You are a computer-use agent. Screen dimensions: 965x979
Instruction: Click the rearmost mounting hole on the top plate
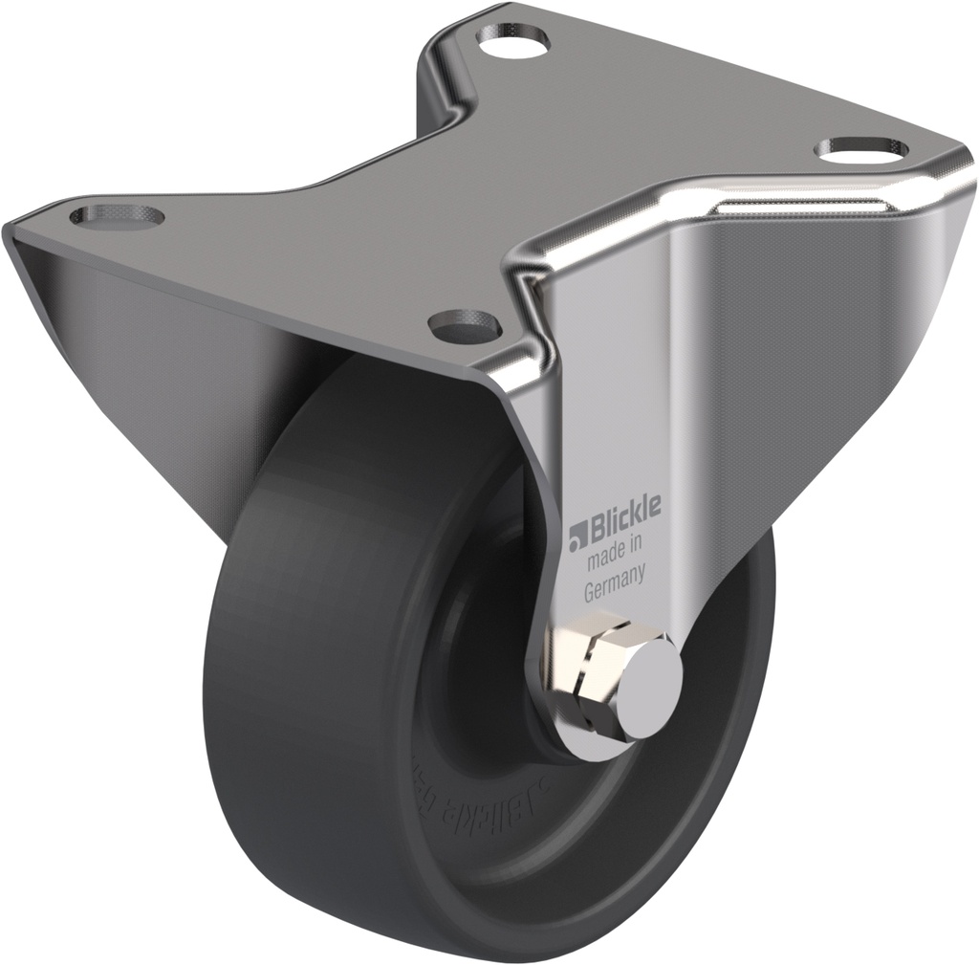[514, 41]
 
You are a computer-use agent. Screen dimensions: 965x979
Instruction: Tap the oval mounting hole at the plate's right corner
[863, 148]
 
